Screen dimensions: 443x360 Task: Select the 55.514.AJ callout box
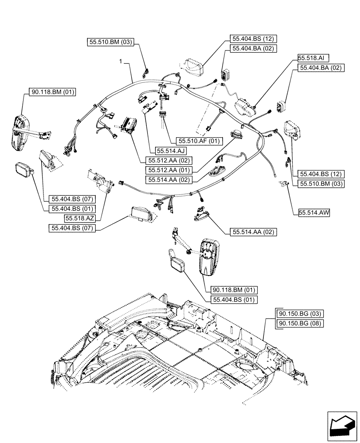point(163,151)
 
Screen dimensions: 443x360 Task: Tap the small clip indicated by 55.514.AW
point(281,183)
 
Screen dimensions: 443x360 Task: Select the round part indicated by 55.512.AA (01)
point(237,133)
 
